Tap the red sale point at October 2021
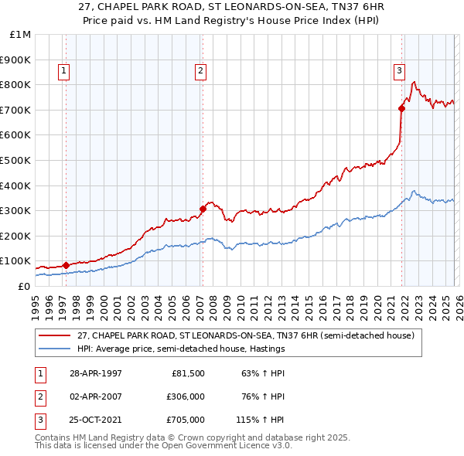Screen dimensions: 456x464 (x=402, y=108)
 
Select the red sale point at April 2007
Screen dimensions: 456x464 (x=203, y=209)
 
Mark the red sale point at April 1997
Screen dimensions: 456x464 (x=67, y=265)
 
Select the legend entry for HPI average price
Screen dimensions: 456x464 (x=181, y=349)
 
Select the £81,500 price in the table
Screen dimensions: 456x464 (x=186, y=373)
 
